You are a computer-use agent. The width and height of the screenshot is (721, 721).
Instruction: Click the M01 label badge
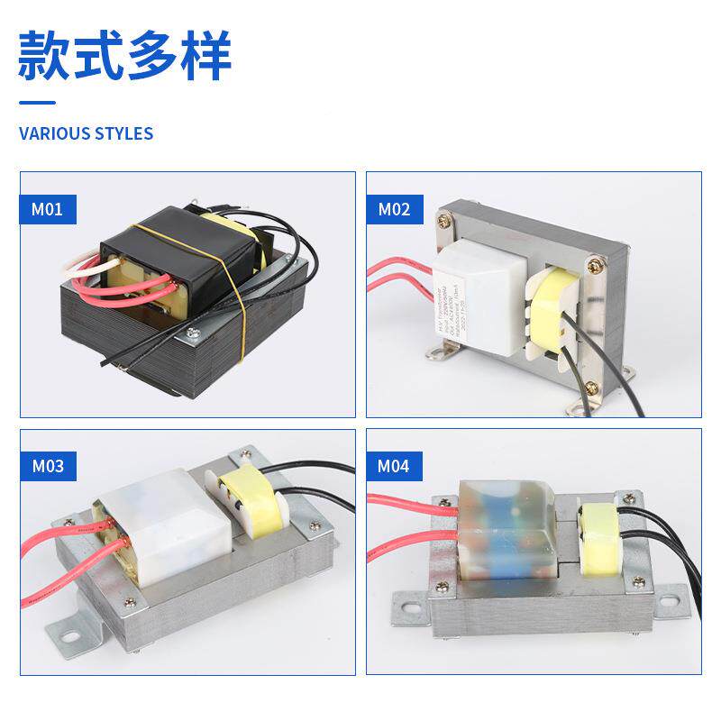tap(48, 210)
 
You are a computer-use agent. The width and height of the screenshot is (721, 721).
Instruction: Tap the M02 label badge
tap(393, 210)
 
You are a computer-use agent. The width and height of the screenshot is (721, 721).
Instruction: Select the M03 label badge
tap(48, 466)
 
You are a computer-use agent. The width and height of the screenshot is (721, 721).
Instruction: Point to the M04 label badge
tap(393, 466)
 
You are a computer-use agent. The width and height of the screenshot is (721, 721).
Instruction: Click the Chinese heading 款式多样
tap(125, 55)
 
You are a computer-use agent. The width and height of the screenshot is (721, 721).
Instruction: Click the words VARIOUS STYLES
tap(87, 133)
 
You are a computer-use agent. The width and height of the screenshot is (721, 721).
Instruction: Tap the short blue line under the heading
tap(37, 103)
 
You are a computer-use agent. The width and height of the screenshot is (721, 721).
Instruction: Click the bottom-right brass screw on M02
tap(591, 388)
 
